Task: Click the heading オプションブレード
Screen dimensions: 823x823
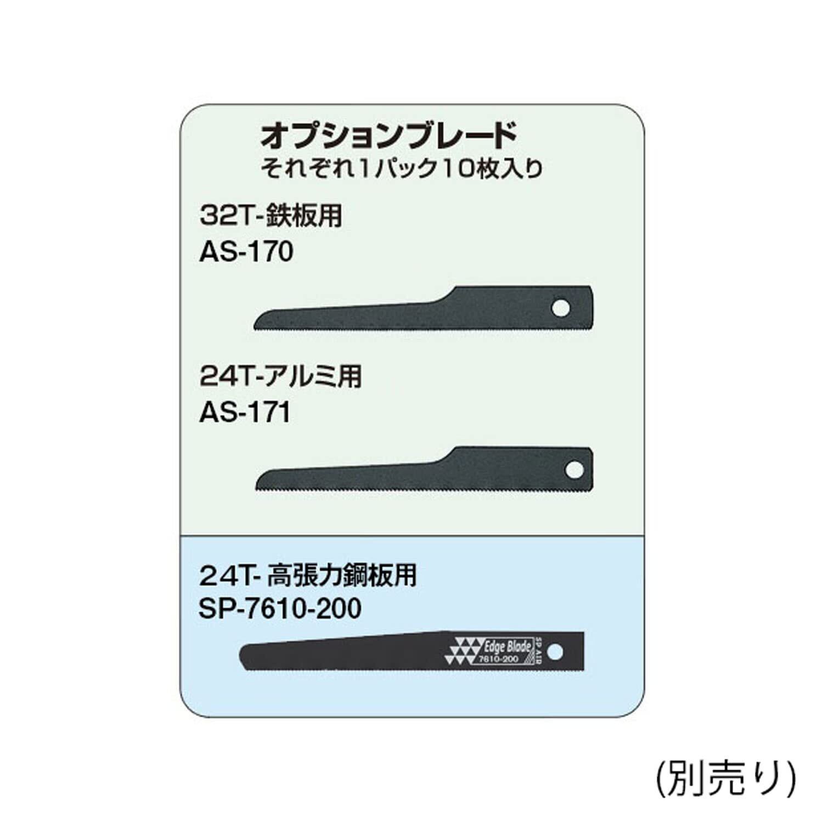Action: point(388,137)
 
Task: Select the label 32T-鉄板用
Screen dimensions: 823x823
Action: point(271,216)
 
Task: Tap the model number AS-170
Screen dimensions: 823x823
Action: point(246,252)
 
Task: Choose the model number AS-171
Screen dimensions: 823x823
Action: point(245,413)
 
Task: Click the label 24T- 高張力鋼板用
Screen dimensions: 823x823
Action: point(308,576)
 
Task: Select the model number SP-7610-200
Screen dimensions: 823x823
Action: point(280,608)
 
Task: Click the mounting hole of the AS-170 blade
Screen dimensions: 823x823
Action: point(561,308)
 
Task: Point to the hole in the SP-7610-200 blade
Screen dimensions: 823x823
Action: point(555,652)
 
